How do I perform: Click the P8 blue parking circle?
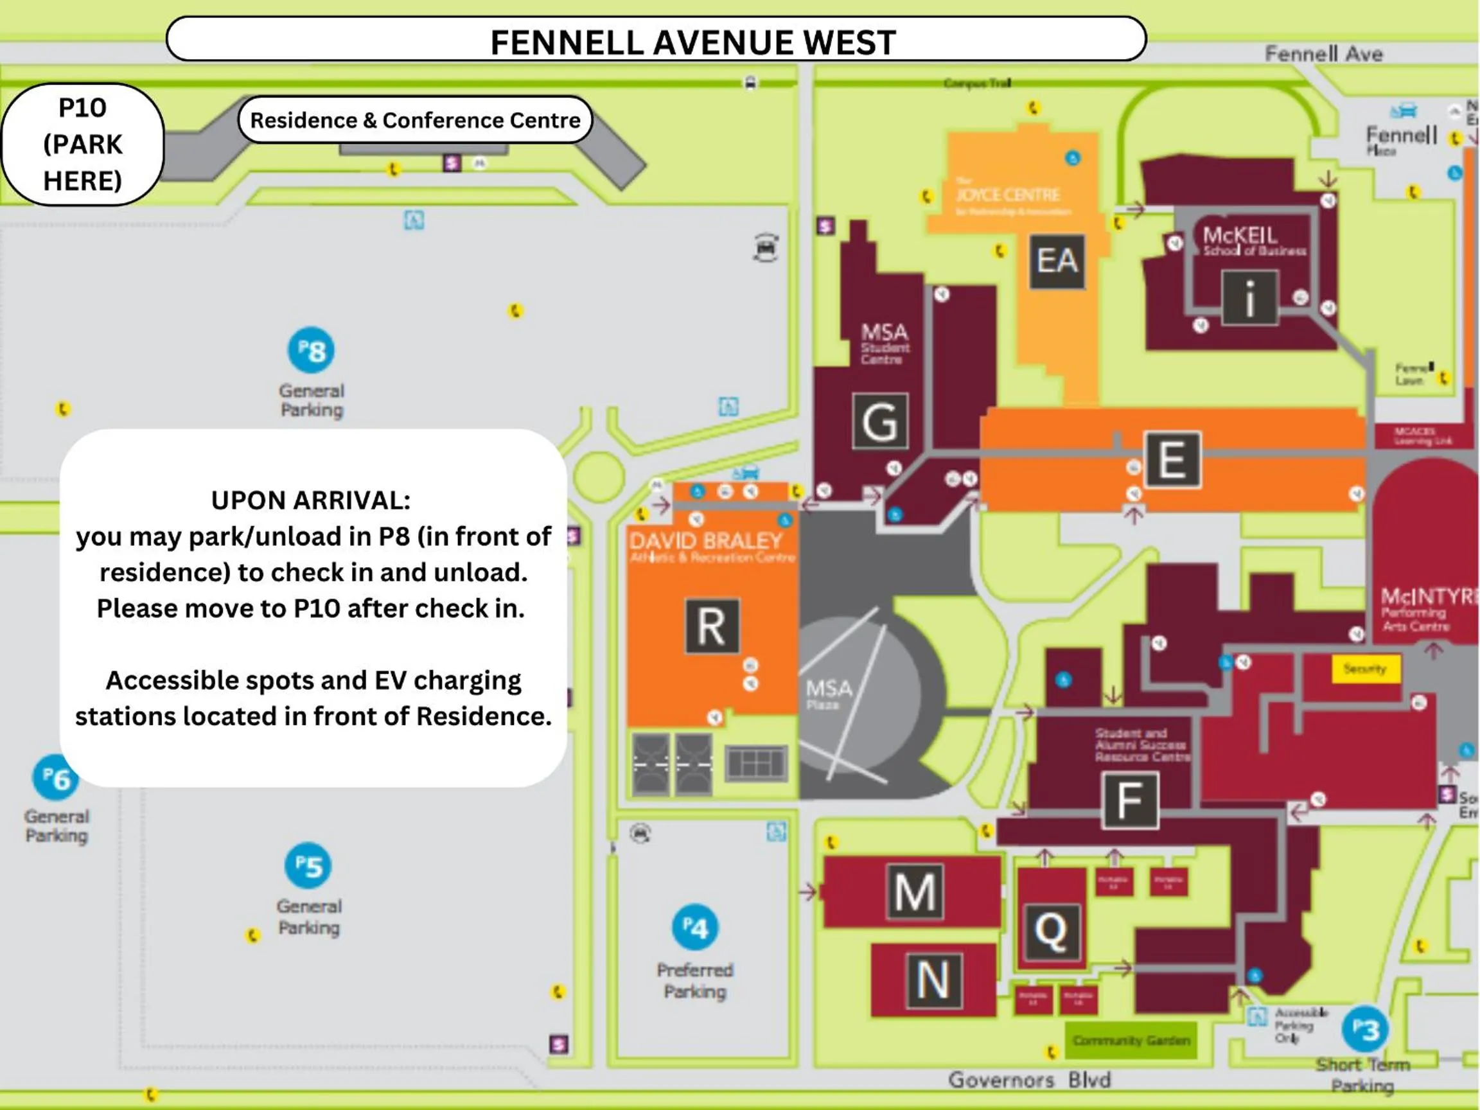311,350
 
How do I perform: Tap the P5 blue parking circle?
308,865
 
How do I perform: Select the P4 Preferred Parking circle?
694,928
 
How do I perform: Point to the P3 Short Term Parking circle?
1365,1029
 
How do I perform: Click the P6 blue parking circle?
55,777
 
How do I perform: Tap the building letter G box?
880,421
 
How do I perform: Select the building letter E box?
1172,460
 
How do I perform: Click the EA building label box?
1057,261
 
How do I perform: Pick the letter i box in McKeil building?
1249,298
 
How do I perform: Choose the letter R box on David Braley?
712,626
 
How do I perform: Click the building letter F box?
1129,800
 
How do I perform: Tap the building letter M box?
915,891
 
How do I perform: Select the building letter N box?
933,980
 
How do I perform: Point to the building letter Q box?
1050,931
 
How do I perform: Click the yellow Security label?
1366,669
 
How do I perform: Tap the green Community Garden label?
1131,1041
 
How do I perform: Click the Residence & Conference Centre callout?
415,119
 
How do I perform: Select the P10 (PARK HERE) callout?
82,145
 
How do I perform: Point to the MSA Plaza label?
827,693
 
